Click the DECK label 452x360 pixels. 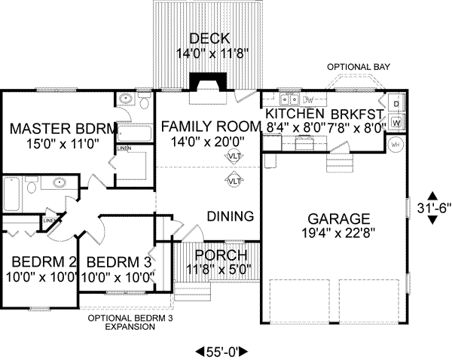click(x=203, y=38)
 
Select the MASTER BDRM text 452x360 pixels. click(x=63, y=128)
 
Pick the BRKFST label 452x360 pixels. click(x=359, y=114)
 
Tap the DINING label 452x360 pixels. click(x=230, y=217)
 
